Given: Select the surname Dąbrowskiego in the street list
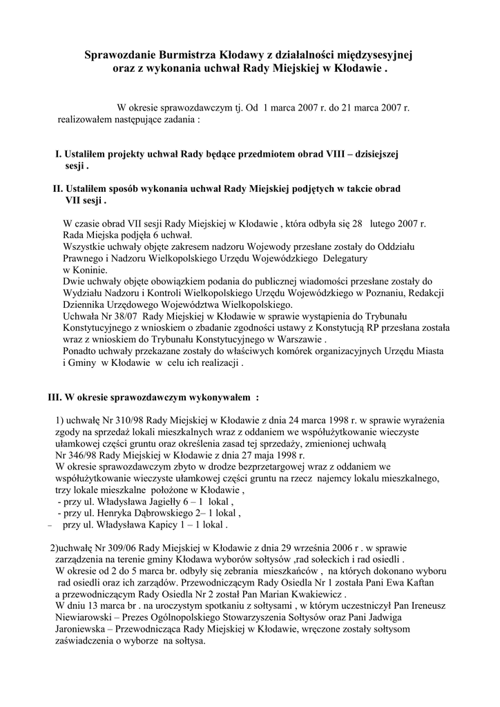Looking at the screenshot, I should pos(161,513).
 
